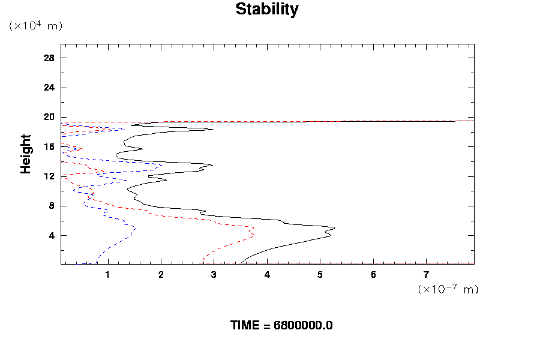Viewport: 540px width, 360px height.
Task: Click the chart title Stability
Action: pos(266,10)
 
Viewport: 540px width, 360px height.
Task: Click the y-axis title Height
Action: pos(26,154)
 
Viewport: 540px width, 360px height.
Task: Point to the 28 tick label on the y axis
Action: pos(49,58)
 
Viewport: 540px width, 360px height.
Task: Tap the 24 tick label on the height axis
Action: pos(49,88)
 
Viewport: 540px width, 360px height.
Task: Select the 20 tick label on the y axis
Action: pos(49,117)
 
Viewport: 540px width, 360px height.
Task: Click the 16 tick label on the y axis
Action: pos(49,146)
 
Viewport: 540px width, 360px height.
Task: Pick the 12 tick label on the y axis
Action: pos(49,176)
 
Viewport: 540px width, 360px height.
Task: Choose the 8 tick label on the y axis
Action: pos(52,206)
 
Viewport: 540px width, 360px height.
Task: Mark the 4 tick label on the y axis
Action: pos(52,235)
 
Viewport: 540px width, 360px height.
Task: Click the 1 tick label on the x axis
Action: pos(108,274)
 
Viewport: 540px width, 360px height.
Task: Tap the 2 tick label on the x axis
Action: pos(161,274)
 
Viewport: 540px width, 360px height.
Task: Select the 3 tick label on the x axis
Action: pos(214,274)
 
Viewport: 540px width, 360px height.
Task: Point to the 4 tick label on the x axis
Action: pos(267,274)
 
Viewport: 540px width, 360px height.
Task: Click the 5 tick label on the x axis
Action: pos(320,274)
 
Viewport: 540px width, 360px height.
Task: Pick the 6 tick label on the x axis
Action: pos(373,274)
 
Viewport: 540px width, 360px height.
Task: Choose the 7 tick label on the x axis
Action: pos(427,274)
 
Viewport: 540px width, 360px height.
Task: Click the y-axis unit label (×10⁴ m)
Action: pos(35,26)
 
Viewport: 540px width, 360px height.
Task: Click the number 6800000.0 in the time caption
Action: pos(303,325)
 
